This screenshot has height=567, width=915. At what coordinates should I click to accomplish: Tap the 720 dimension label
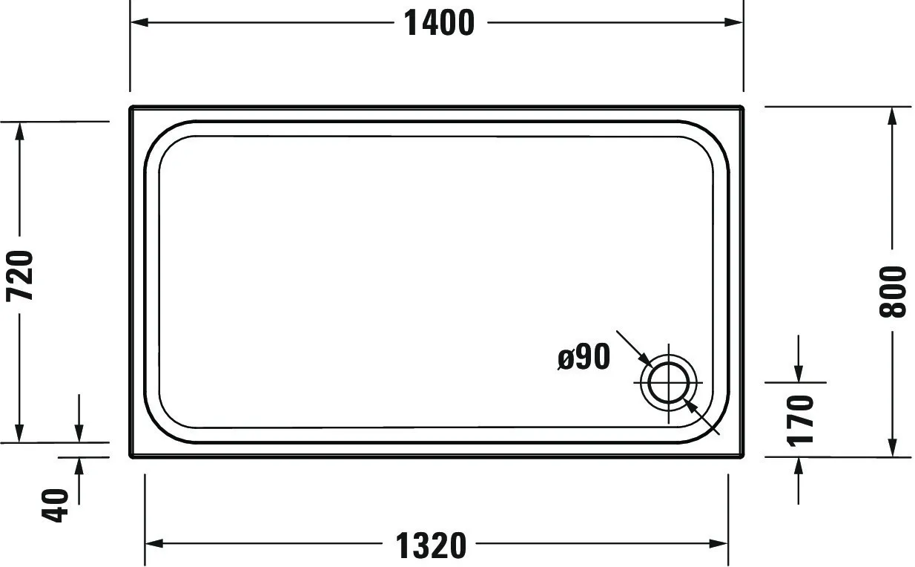tap(21, 275)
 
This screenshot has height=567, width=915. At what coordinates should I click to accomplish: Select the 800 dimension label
tap(893, 291)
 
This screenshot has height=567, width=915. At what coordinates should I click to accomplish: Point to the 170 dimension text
tap(800, 420)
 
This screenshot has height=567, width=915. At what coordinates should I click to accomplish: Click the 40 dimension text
tap(58, 505)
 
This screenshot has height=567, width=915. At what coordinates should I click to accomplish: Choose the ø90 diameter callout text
tap(584, 358)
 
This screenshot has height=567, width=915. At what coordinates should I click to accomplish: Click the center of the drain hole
tap(670, 382)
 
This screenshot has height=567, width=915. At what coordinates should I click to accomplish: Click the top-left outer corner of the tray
tap(131, 108)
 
